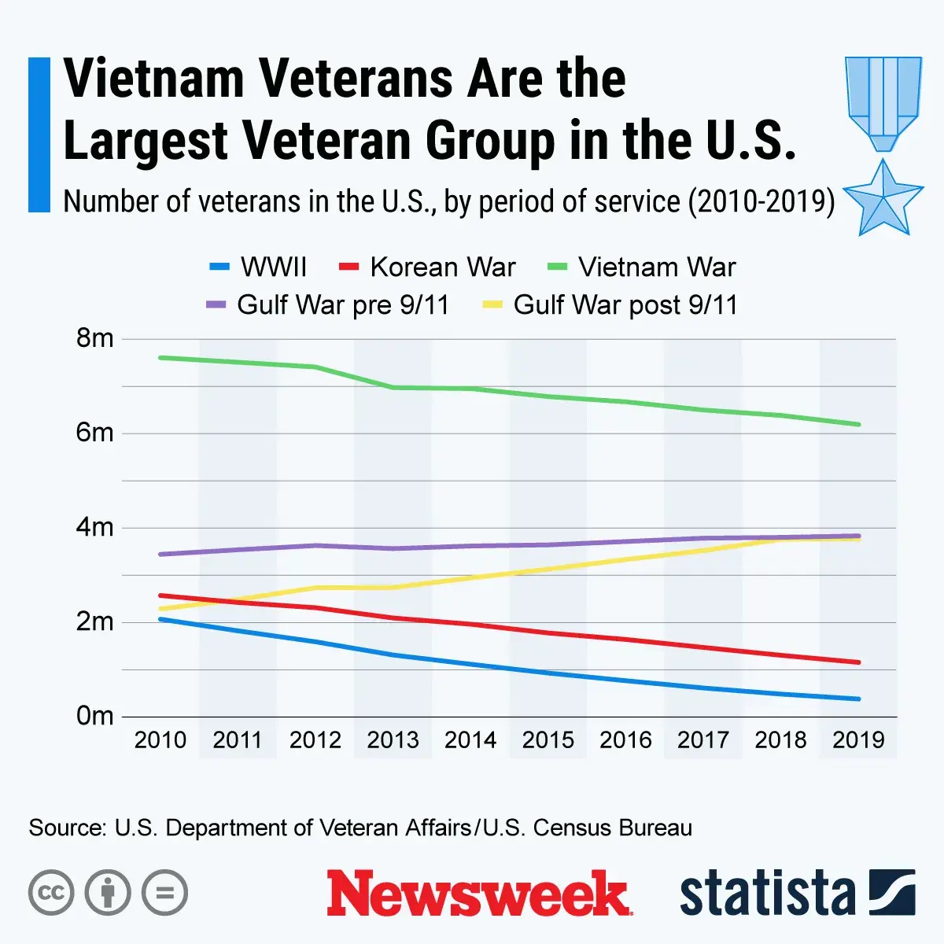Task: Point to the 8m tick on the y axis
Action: pos(95,339)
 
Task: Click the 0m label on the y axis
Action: pos(95,717)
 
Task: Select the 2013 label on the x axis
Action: pos(393,740)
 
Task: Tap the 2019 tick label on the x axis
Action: pos(858,740)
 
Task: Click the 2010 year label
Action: pos(160,740)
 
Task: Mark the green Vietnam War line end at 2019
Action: pos(858,425)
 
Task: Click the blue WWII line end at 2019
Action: pos(858,699)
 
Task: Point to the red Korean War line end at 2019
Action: pos(858,662)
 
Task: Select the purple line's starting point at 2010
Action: pos(160,555)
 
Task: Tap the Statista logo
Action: pos(796,894)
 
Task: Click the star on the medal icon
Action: pos(883,197)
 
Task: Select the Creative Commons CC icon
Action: pos(51,893)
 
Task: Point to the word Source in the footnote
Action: pos(66,828)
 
